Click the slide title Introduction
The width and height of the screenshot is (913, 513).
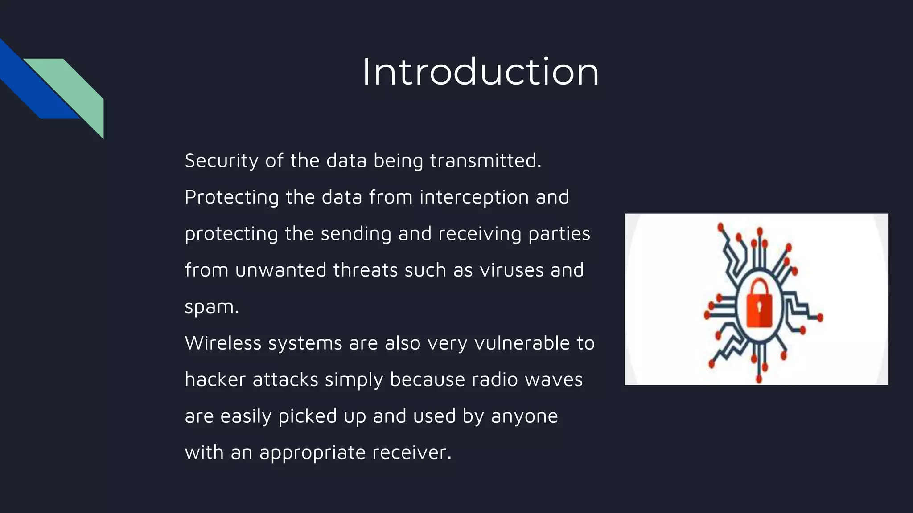pyautogui.click(x=480, y=72)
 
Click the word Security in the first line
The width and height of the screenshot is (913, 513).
pyautogui.click(x=221, y=161)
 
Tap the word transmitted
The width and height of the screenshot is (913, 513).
pyautogui.click(x=485, y=161)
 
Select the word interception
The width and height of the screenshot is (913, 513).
pyautogui.click(x=474, y=197)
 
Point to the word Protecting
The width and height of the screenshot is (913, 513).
pyautogui.click(x=231, y=197)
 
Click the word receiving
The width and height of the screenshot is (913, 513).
pyautogui.click(x=480, y=234)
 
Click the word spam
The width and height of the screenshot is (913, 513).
pyautogui.click(x=211, y=307)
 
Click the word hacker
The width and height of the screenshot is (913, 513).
pyautogui.click(x=215, y=380)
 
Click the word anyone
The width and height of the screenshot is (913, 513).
pyautogui.click(x=524, y=416)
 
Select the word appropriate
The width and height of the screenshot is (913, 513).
pyautogui.click(x=313, y=453)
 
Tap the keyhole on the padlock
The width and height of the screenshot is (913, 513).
pyautogui.click(x=759, y=307)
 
